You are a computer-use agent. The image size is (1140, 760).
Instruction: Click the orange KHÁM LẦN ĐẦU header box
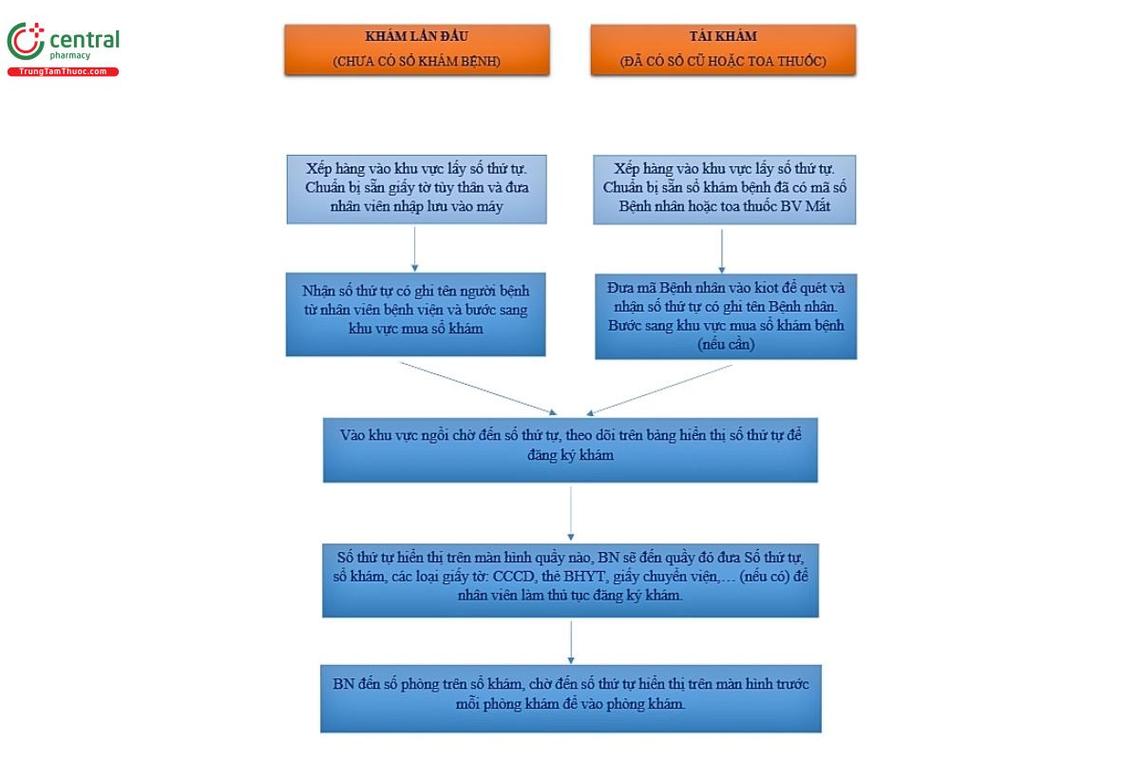click(416, 49)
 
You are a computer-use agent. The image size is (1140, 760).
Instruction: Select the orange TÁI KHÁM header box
click(723, 49)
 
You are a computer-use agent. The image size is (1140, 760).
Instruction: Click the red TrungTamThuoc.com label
click(64, 72)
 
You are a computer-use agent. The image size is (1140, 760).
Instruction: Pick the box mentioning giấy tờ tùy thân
click(416, 189)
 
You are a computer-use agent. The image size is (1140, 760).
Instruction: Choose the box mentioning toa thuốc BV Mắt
click(724, 189)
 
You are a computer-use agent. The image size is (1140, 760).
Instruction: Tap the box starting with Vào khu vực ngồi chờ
click(570, 446)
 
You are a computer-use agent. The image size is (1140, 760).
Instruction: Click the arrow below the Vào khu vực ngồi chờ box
click(570, 512)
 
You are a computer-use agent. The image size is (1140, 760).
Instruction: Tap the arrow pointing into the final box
click(570, 642)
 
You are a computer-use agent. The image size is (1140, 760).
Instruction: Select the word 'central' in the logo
click(84, 39)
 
